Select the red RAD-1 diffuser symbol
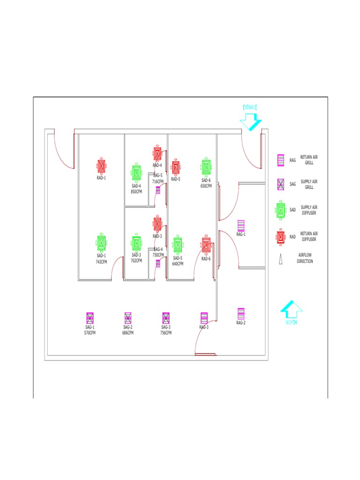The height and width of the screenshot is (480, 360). pyautogui.click(x=102, y=166)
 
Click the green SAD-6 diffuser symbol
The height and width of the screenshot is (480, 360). pyautogui.click(x=206, y=167)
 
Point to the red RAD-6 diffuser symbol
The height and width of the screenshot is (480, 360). pyautogui.click(x=206, y=245)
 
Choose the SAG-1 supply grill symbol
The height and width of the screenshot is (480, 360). pyautogui.click(x=90, y=317)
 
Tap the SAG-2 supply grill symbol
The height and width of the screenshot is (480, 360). pyautogui.click(x=128, y=317)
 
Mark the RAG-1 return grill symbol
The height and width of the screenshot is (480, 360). pyautogui.click(x=241, y=225)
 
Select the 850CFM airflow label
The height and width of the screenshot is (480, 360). pyautogui.click(x=136, y=191)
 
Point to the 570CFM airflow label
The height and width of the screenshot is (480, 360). pyautogui.click(x=90, y=333)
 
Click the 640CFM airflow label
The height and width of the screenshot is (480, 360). pyautogui.click(x=178, y=263)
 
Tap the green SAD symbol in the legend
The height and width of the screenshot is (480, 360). pyautogui.click(x=281, y=210)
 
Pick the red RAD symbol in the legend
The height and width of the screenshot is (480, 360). pyautogui.click(x=281, y=237)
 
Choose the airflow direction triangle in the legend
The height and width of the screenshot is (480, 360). pyautogui.click(x=281, y=259)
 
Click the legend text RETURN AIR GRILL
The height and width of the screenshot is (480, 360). pyautogui.click(x=309, y=160)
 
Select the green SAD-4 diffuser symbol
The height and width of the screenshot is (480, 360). pyautogui.click(x=136, y=173)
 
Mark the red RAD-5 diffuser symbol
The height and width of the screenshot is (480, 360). pyautogui.click(x=175, y=167)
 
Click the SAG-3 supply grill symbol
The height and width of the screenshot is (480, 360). pyautogui.click(x=166, y=317)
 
